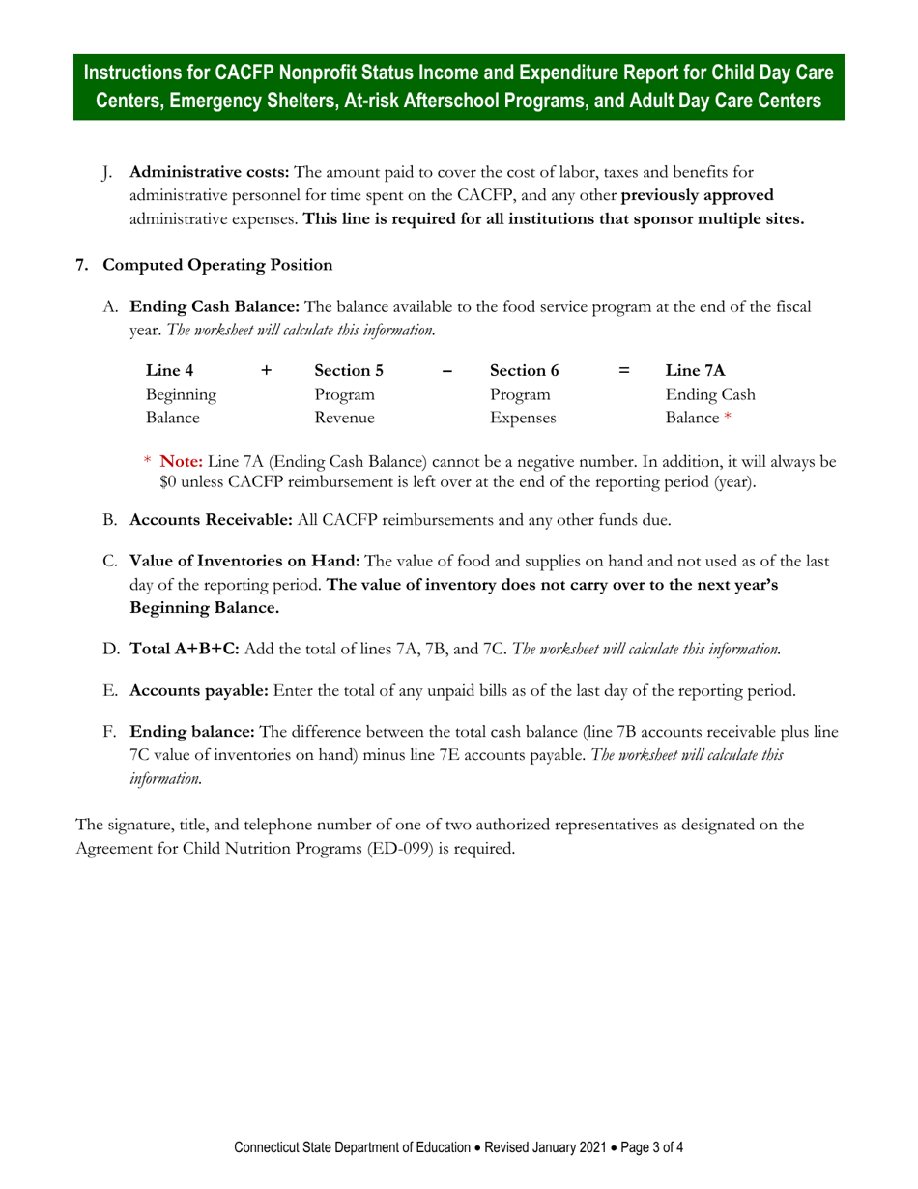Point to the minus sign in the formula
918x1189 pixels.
coord(446,369)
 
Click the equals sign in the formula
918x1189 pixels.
coord(624,369)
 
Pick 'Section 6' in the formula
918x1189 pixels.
coord(524,369)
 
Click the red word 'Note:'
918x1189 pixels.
coord(181,461)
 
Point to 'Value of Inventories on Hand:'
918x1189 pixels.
coord(244,561)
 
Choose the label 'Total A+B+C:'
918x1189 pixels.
coord(185,649)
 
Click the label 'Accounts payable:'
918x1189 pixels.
coord(199,690)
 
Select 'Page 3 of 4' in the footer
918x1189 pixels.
coord(653,1148)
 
